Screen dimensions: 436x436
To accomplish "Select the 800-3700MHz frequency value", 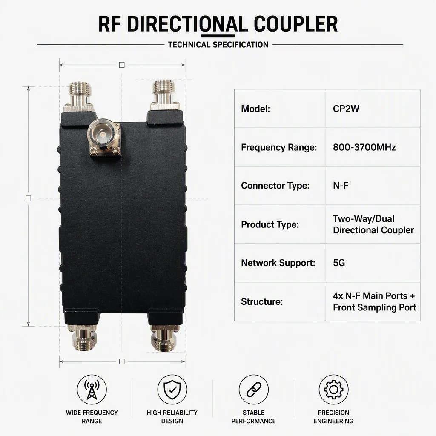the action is pos(364,147).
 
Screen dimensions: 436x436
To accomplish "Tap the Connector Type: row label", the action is pos(275,186).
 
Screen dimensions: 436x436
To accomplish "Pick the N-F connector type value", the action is pos(341,186).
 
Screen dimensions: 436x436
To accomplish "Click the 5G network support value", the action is pos(339,263).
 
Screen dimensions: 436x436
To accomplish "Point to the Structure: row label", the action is pos(262,301).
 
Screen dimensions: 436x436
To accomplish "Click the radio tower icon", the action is pos(92,389).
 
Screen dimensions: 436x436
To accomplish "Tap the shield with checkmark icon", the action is pos(172,389).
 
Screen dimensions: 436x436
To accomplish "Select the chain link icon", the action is pos(254,389).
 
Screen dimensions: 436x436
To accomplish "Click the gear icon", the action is pos(333,389).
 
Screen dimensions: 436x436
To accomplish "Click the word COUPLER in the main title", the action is pos(295,24).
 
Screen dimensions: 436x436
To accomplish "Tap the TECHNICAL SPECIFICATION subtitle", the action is pos(218,44).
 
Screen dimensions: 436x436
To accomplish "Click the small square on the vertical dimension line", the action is pos(28,198).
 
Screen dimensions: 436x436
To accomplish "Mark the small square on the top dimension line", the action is pos(121,65).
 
